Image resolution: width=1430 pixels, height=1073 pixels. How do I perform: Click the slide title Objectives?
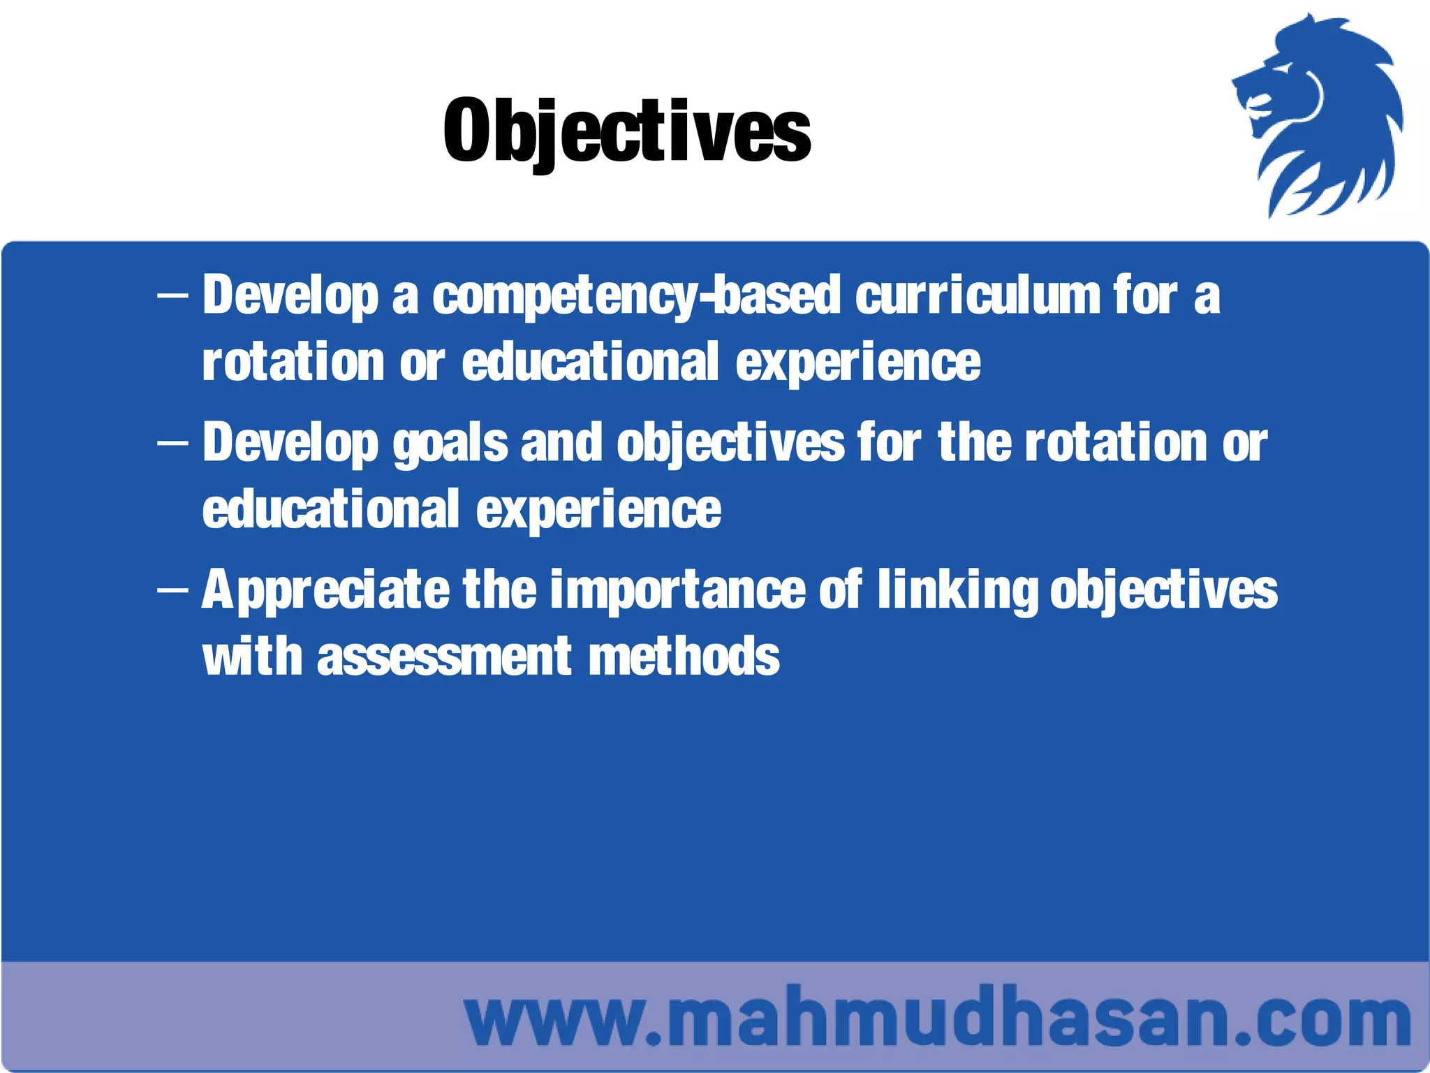[626, 131]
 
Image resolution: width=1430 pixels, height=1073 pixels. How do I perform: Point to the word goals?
[450, 444]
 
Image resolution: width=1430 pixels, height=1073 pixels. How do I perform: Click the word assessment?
[444, 657]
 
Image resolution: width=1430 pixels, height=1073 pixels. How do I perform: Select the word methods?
[684, 657]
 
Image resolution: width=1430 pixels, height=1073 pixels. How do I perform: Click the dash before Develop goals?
[172, 444]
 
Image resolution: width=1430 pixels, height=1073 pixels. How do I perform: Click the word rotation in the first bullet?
[293, 363]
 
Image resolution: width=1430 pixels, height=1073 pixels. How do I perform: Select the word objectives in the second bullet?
[730, 444]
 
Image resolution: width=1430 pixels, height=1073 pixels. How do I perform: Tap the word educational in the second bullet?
[331, 510]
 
